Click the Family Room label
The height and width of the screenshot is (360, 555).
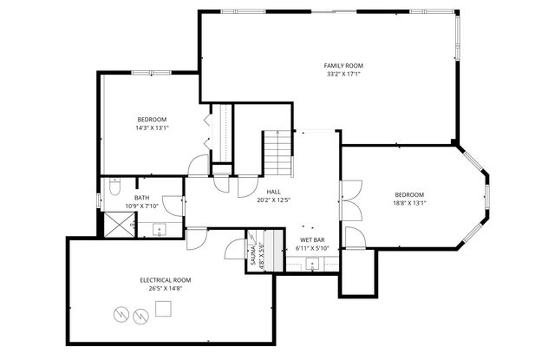[343, 65]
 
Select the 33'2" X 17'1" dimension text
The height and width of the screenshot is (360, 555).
[343, 75]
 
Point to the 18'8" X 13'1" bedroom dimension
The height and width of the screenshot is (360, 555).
[409, 204]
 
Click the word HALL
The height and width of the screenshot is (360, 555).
[273, 192]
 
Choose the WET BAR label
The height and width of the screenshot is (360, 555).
[312, 239]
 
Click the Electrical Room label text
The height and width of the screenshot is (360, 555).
[165, 280]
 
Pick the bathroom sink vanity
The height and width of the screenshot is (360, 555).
[159, 230]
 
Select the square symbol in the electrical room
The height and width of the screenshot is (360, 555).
[163, 308]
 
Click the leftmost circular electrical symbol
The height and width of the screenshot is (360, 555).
[121, 312]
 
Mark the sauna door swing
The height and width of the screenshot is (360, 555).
[236, 249]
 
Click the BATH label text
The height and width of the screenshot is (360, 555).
[141, 198]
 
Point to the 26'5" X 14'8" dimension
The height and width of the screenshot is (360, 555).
[165, 290]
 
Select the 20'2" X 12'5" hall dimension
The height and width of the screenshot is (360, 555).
[273, 200]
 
